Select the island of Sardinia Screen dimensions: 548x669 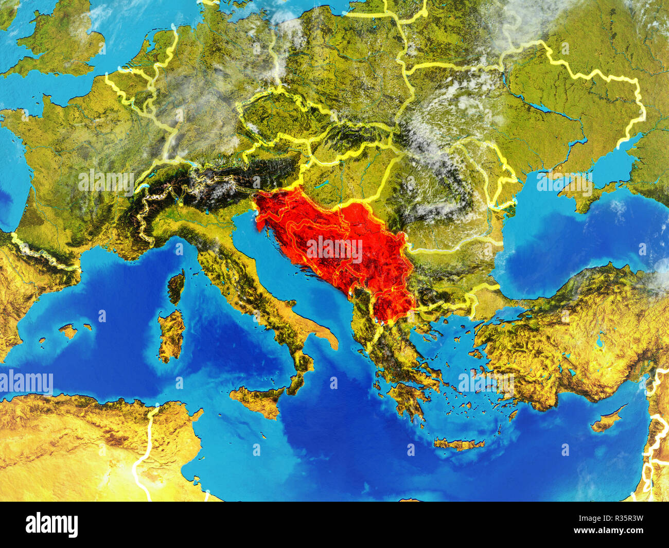pos(171,334)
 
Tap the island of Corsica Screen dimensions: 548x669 pos(176,286)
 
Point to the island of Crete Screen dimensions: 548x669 pos(458,444)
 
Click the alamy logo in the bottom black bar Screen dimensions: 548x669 pos(52,524)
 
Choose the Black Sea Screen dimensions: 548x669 pos(566,242)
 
